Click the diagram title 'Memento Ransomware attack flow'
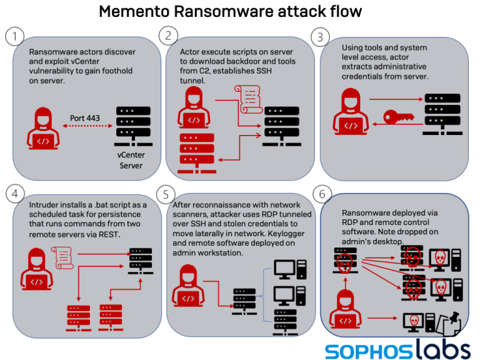point(240,11)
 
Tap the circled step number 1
point(14,37)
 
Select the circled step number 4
point(14,194)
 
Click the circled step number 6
point(322,194)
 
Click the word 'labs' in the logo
point(436,346)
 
